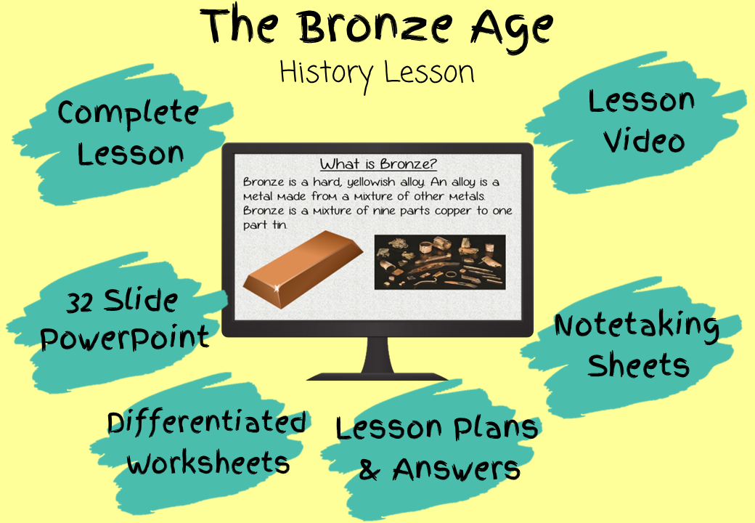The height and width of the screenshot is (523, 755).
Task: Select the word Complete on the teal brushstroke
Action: click(128, 114)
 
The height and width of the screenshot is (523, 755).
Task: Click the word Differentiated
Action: click(207, 422)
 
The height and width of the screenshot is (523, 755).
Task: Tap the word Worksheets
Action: click(208, 463)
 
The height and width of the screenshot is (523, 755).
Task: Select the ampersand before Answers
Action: click(370, 469)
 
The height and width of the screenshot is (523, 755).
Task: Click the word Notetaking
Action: click(637, 326)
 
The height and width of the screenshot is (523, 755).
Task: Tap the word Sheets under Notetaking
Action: click(638, 365)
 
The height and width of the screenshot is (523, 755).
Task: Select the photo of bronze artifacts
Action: click(440, 262)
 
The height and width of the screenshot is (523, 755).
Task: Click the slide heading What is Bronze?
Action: click(378, 163)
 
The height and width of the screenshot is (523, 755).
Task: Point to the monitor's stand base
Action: click(377, 376)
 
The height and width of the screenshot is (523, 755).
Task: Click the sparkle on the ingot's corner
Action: click(277, 288)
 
